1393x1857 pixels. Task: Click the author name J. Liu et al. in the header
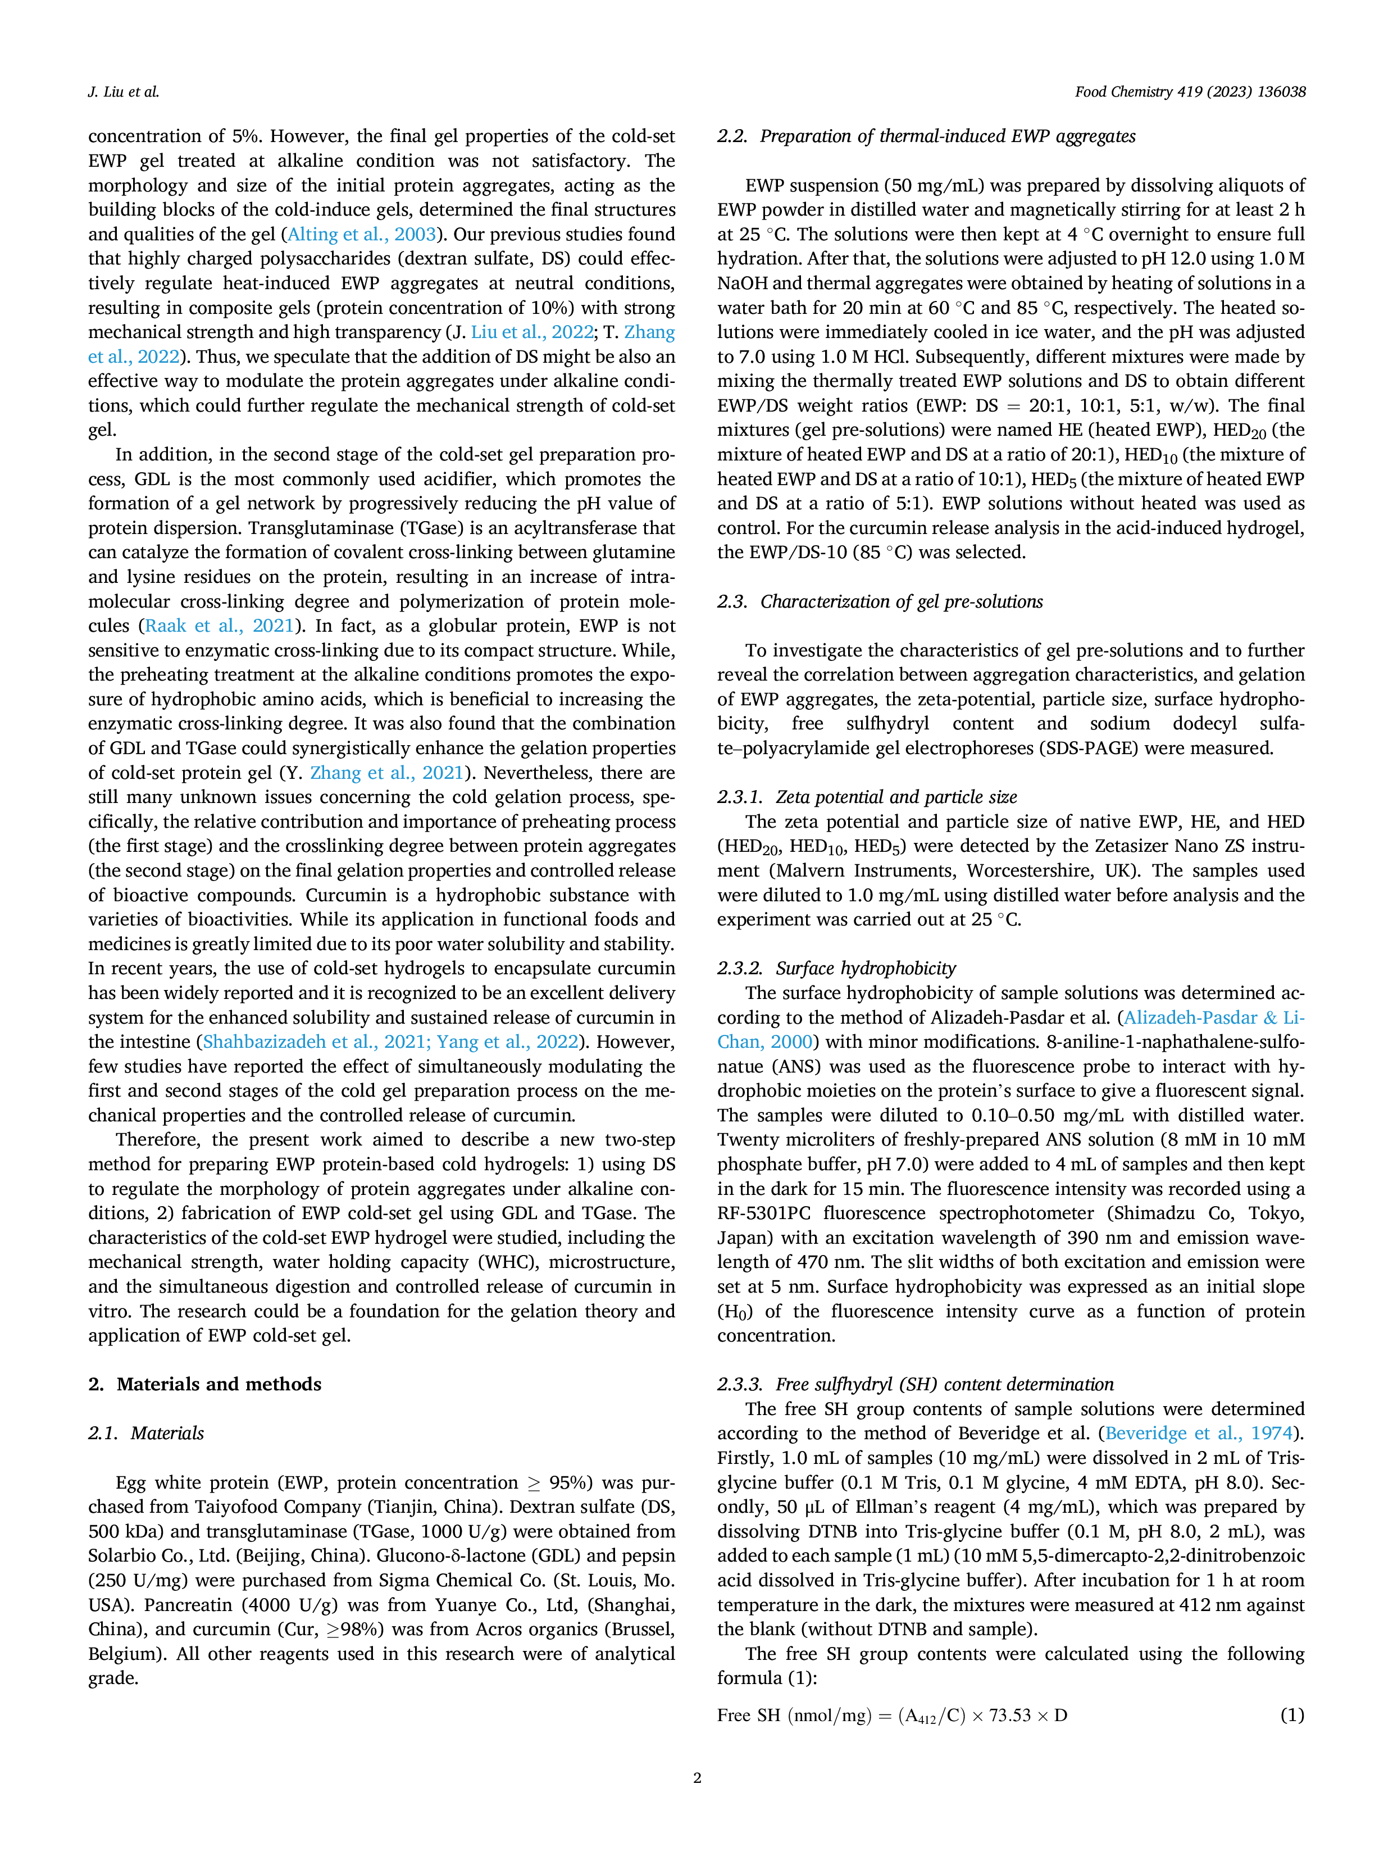pos(124,92)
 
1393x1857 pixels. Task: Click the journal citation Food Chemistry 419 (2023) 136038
pos(1190,92)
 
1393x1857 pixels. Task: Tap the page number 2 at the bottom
pos(697,1777)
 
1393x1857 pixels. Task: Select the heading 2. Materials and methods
pos(205,1384)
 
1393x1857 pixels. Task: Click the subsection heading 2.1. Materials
pos(146,1432)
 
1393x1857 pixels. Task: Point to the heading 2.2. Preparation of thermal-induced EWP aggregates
pos(926,136)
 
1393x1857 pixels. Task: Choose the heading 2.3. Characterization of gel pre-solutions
pos(880,601)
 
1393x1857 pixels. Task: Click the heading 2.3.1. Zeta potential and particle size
pos(867,797)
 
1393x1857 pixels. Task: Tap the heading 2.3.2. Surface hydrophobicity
pos(836,968)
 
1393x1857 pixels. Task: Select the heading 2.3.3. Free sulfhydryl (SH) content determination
pos(915,1384)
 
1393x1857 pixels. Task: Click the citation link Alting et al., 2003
pos(362,234)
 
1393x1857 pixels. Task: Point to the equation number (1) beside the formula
pos(1292,1715)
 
